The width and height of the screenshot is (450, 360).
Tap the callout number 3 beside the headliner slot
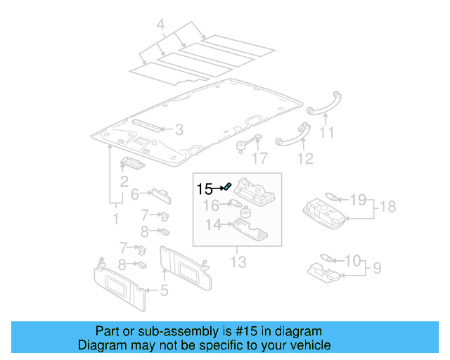tap(179, 129)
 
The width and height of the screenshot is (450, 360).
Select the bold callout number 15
tap(205, 188)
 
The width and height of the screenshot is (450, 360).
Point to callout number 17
tap(261, 157)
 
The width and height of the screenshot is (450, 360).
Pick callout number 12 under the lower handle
tap(304, 158)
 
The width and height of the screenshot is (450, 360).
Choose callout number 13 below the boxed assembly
tap(238, 262)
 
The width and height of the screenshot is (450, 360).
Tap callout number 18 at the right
tap(388, 206)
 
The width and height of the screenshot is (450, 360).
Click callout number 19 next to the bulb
tap(357, 200)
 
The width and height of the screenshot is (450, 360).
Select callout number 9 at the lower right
tap(377, 267)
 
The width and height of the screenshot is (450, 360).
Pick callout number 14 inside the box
tap(212, 224)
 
